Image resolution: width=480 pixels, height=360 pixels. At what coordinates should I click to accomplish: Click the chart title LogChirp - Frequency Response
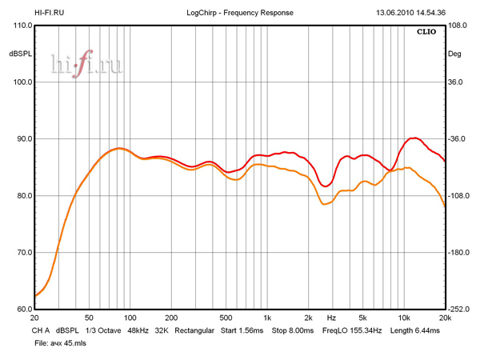[240, 13]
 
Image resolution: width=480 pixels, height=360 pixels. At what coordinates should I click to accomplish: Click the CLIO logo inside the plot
[426, 34]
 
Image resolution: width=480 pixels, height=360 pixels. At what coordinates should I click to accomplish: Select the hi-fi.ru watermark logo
[87, 65]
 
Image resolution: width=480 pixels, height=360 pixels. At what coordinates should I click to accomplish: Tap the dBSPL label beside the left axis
[19, 54]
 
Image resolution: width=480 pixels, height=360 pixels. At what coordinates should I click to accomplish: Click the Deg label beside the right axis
[455, 54]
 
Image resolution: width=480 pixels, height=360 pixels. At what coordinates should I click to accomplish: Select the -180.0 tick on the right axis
[460, 253]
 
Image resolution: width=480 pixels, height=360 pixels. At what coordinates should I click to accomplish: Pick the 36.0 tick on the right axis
[456, 82]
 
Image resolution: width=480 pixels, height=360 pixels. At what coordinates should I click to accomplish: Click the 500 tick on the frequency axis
[226, 318]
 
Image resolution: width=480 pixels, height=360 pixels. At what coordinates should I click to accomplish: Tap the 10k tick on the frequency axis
[404, 318]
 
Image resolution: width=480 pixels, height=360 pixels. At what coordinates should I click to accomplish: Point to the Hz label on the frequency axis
[330, 318]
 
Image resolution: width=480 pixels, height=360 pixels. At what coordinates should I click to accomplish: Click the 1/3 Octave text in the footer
[100, 330]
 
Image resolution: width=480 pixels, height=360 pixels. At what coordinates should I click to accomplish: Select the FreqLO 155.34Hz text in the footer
[353, 330]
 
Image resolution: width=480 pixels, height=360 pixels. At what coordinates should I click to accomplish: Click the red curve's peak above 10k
[414, 138]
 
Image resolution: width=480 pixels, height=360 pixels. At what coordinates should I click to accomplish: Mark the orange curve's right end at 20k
[444, 206]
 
